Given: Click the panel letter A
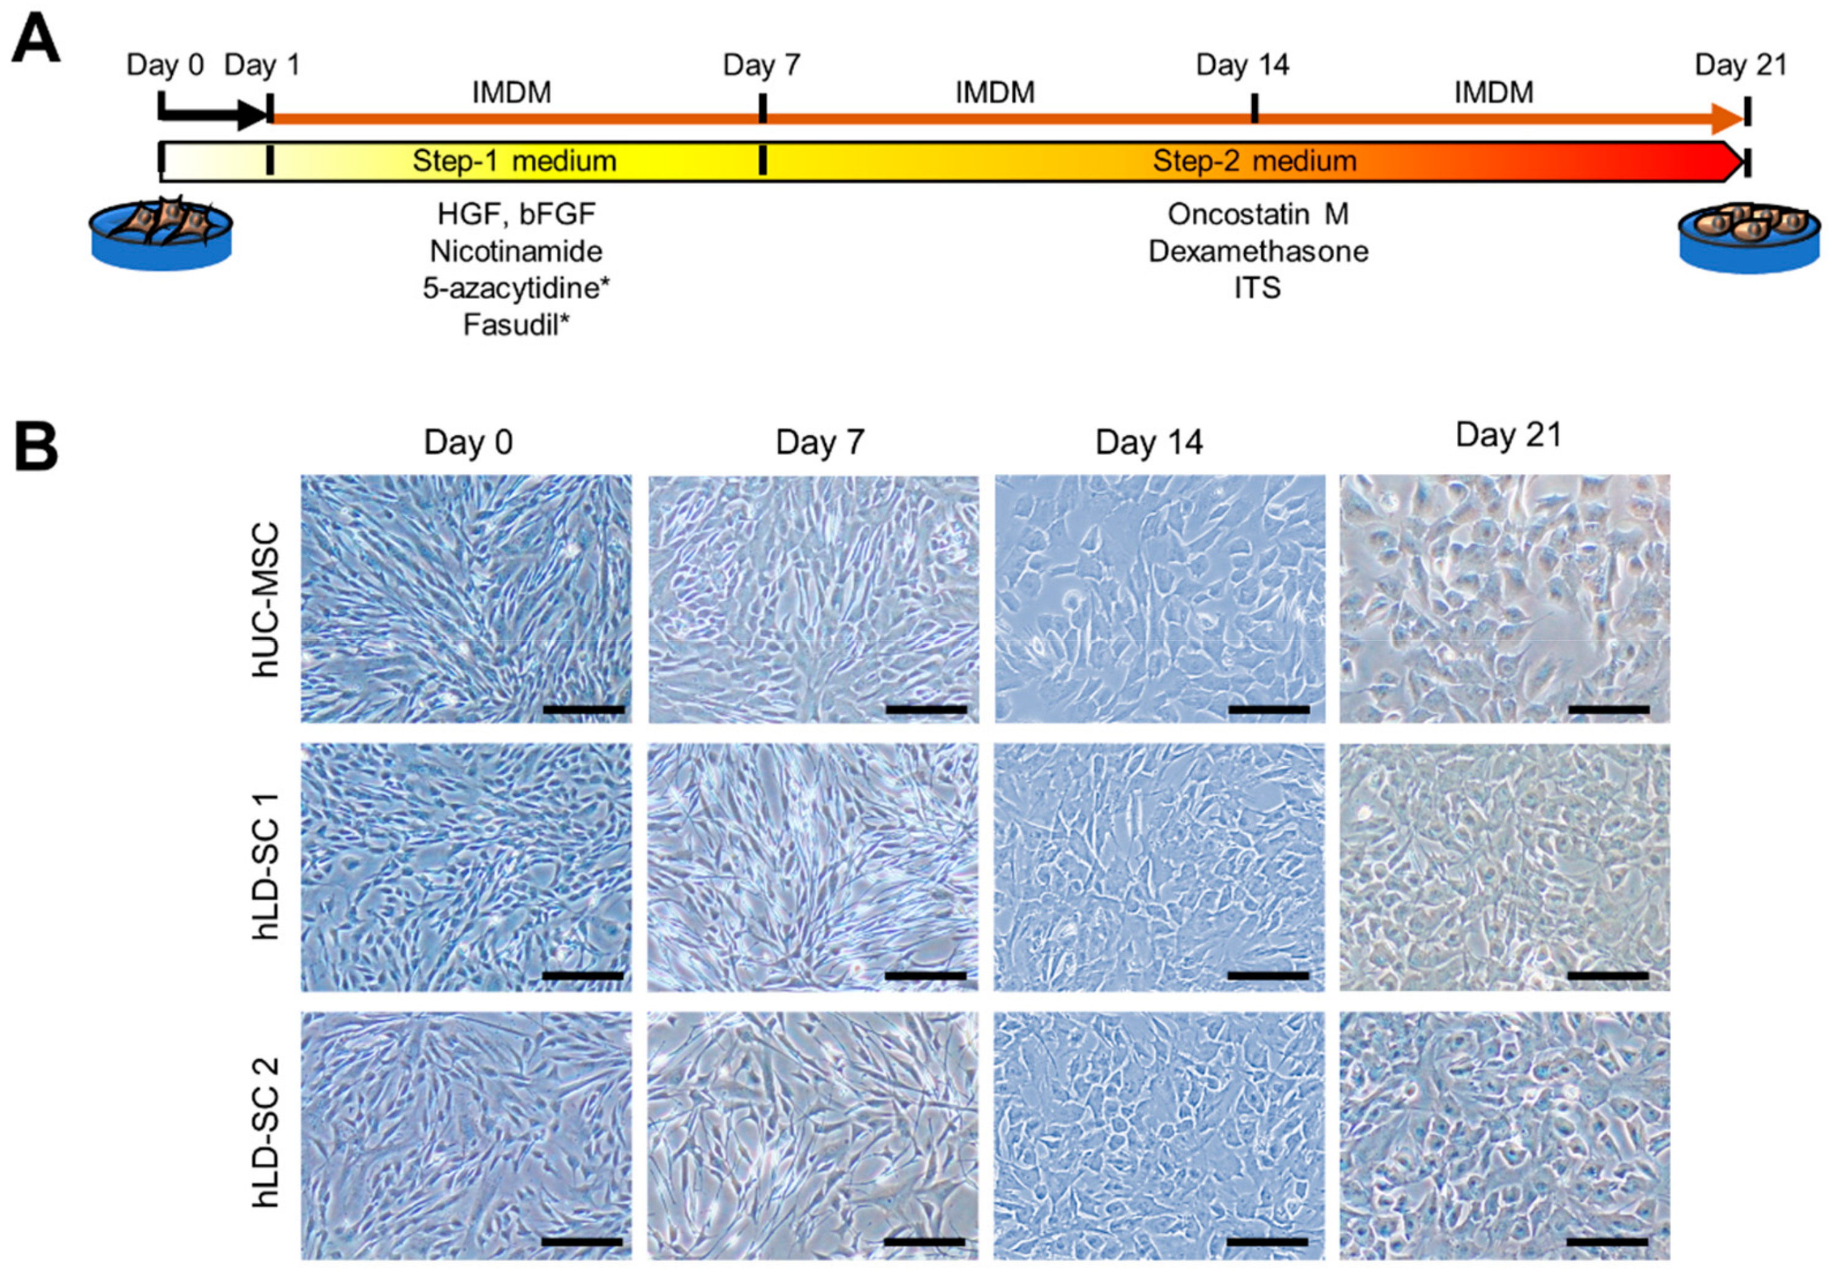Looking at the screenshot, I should tap(36, 41).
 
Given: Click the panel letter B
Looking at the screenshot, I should tap(36, 447).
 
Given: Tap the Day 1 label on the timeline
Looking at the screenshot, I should tap(262, 65).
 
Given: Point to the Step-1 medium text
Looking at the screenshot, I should tap(514, 161).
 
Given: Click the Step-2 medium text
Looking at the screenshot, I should tap(1254, 161).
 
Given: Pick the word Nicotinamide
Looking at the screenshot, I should tap(516, 251).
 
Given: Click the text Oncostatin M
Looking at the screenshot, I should tap(1258, 214).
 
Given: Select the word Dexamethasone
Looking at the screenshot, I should tap(1258, 251).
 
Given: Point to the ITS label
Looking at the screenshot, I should tap(1257, 288).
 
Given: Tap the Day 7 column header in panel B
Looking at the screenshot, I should tap(820, 442).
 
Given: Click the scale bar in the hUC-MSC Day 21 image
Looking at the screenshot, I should tap(1609, 709).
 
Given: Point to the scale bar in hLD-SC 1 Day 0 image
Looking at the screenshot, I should tap(583, 975).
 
